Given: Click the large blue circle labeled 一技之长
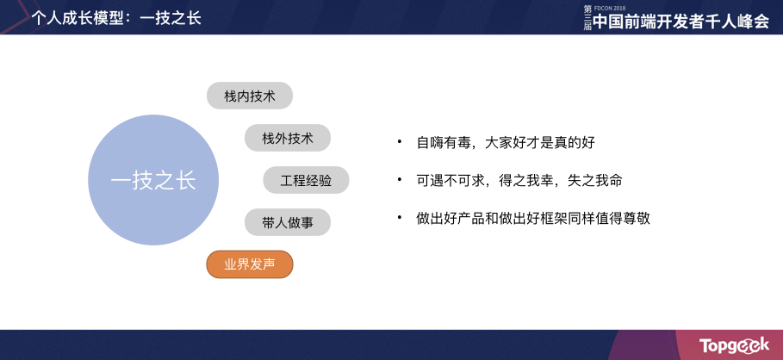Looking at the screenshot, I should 153,180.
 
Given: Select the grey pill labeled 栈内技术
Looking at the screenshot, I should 250,96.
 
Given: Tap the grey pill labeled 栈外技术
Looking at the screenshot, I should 288,138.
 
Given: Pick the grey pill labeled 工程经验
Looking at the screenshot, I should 306,180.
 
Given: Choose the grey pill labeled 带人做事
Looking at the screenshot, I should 288,222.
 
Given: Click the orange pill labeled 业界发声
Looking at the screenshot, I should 250,264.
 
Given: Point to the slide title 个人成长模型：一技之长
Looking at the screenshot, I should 116,17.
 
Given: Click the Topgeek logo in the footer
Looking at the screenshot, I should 734,344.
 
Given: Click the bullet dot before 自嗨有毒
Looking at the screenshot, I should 400,140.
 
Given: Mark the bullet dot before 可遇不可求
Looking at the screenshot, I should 400,179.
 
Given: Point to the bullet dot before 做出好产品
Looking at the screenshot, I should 400,218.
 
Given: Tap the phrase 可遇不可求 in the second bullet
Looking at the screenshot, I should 452,181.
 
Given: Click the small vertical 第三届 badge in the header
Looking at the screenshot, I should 587,19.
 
